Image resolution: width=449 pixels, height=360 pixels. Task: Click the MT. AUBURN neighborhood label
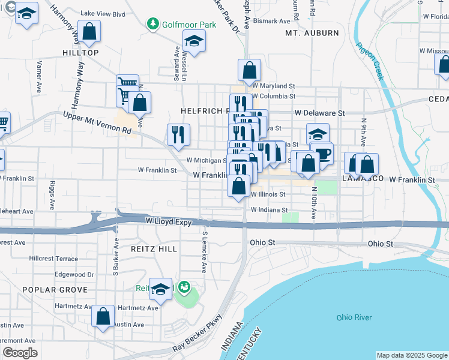(312, 33)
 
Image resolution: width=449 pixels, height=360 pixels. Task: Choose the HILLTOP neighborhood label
(80, 53)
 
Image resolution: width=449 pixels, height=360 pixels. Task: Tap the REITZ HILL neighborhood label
(151, 247)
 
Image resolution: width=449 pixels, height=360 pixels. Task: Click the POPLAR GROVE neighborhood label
(55, 289)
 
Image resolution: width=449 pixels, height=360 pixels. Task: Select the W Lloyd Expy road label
(169, 222)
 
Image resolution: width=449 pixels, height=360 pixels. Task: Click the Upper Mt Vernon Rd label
(97, 122)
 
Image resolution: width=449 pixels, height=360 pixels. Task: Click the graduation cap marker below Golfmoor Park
(194, 40)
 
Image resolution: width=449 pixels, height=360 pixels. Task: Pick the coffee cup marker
(322, 153)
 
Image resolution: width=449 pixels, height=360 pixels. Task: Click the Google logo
(20, 353)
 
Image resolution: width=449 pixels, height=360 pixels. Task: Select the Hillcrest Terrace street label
(53, 259)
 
